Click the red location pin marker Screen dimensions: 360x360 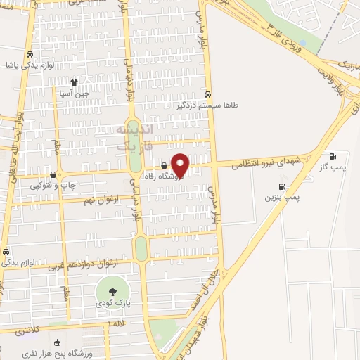[181, 165]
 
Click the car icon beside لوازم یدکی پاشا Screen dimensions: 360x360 [30, 54]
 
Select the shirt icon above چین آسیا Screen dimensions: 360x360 [75, 83]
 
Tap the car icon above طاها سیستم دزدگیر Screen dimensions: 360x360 [207, 94]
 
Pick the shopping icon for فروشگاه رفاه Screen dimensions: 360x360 [165, 166]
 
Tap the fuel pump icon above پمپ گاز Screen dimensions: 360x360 [333, 156]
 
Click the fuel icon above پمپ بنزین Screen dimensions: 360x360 [282, 187]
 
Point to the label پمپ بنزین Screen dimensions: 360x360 [282, 198]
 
